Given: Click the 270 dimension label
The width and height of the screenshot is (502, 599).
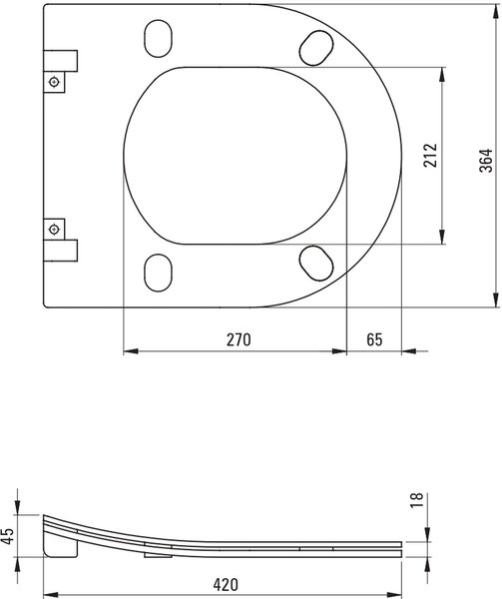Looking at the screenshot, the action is click(239, 339).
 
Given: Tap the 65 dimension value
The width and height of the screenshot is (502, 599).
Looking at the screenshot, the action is click(374, 339).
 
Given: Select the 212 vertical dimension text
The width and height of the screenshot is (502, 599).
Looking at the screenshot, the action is click(430, 155).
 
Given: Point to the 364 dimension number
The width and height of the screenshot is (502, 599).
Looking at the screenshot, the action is click(486, 161).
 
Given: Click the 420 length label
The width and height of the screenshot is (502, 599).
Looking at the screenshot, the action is click(226, 584).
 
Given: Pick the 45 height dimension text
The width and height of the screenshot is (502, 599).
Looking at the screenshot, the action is click(7, 535).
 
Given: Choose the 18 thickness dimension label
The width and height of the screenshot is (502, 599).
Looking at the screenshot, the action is click(416, 500).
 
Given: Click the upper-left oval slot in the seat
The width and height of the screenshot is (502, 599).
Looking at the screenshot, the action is click(158, 39).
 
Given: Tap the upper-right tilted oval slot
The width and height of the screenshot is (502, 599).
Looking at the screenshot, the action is click(316, 48).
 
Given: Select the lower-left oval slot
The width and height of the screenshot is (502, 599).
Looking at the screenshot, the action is click(158, 273).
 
